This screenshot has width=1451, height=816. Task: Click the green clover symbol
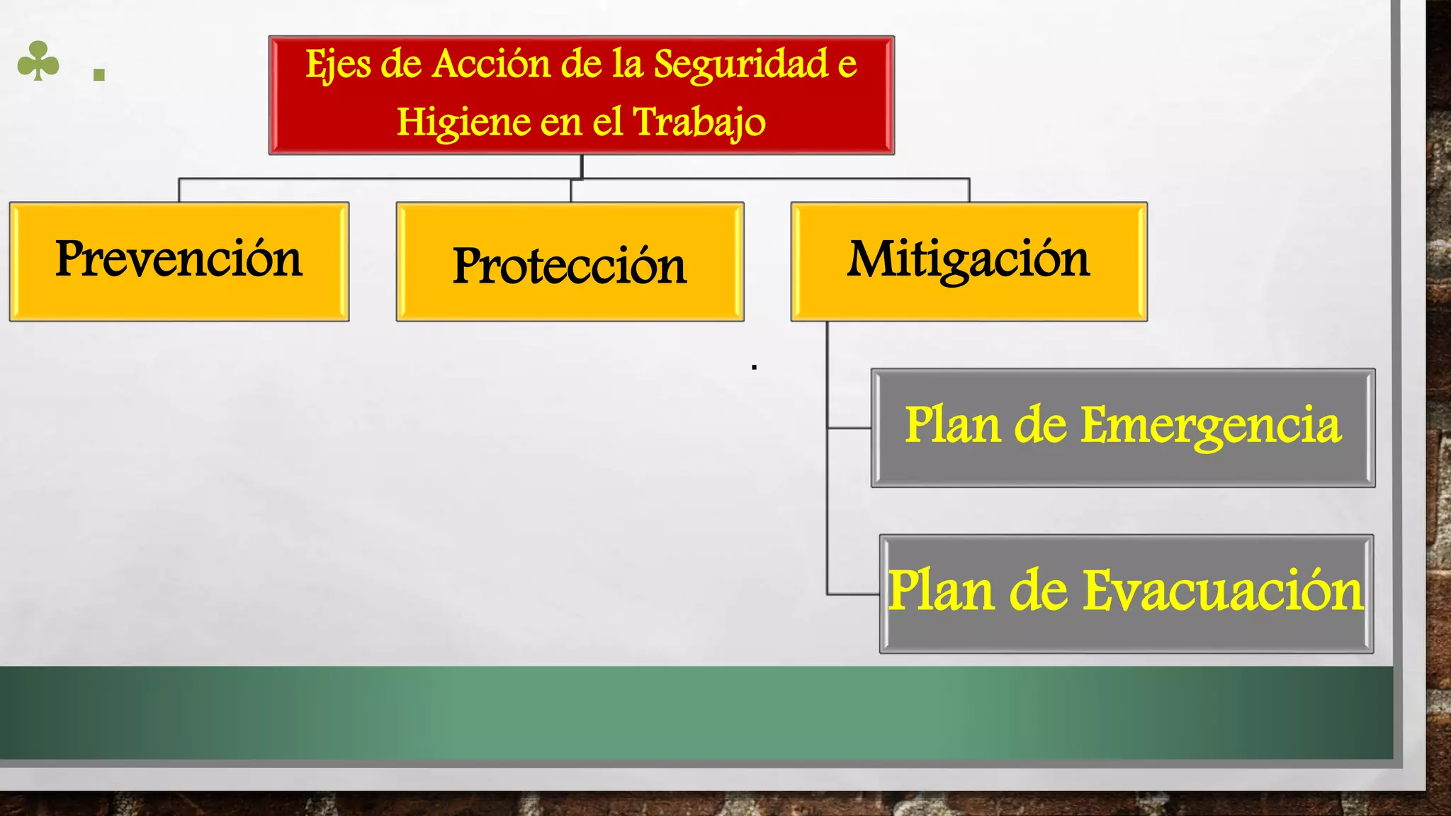click(38, 62)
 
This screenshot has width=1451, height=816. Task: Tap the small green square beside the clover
click(99, 74)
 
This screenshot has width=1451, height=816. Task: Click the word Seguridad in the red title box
click(740, 64)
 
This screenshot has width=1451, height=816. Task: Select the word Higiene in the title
click(463, 123)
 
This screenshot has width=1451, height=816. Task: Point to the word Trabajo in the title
click(699, 123)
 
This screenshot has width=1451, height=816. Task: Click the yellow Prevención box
click(179, 261)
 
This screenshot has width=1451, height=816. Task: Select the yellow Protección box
click(570, 262)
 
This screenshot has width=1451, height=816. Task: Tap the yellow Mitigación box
click(969, 261)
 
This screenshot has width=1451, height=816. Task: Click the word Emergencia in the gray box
click(1211, 426)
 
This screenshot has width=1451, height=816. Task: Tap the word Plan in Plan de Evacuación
click(942, 591)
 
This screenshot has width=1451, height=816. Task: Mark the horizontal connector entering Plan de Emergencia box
click(849, 428)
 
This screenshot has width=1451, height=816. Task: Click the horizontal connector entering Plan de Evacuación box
click(853, 594)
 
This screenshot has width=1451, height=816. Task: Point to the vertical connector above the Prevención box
click(179, 191)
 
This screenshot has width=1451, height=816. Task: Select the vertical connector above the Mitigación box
click(969, 191)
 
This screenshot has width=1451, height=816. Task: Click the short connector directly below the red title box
click(582, 166)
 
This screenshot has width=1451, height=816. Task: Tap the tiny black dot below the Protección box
click(755, 367)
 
